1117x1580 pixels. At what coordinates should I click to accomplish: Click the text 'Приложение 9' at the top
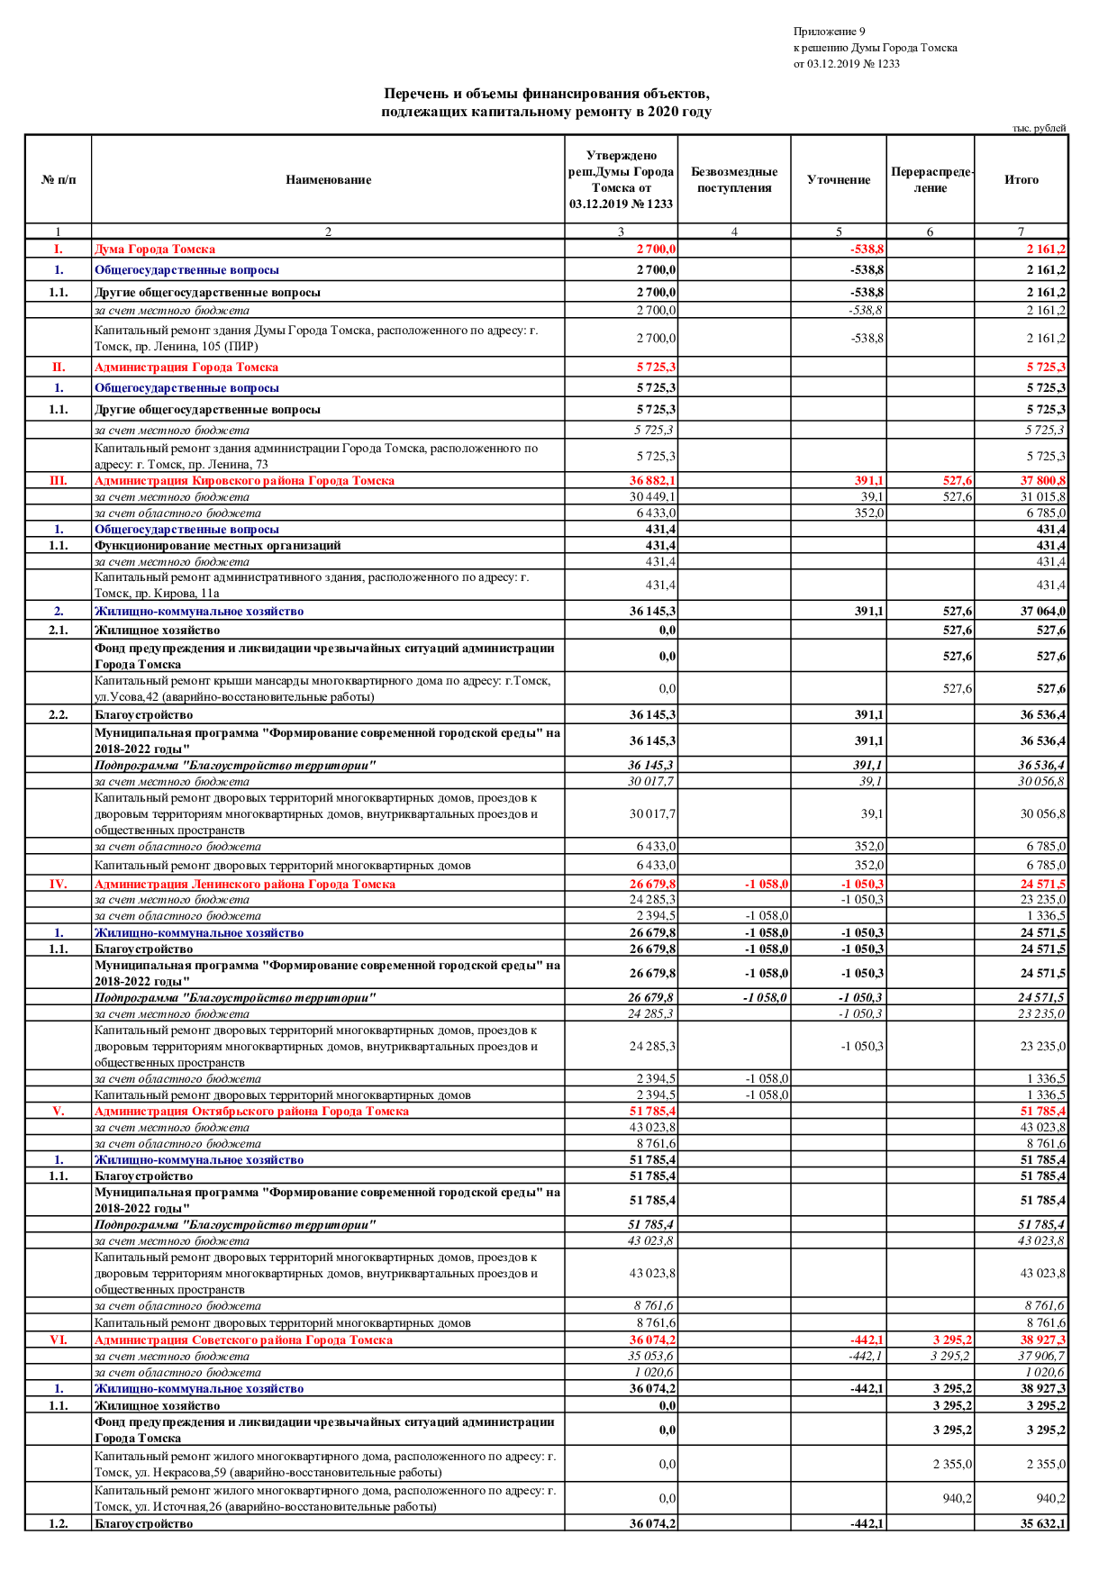pos(829,32)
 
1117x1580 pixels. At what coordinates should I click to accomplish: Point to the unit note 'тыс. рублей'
pos(1039,128)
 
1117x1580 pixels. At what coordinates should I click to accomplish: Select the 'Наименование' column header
pos(328,180)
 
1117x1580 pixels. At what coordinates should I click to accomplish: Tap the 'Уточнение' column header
pos(838,180)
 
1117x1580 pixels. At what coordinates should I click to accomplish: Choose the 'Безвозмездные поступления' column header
pos(734,180)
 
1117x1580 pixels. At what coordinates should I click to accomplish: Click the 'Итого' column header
pos(1021,180)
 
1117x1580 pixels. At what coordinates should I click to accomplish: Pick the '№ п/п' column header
pos(59,180)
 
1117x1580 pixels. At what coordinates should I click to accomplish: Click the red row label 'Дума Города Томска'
pos(155,250)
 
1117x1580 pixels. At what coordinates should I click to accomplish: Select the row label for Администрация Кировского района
pos(244,481)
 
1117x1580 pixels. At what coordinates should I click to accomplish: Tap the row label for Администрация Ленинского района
pos(244,885)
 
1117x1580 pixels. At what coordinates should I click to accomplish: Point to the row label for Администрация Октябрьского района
pos(251,1112)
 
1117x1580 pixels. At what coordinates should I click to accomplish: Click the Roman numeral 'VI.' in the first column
pos(58,1340)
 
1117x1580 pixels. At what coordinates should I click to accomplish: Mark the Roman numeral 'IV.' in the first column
pos(58,885)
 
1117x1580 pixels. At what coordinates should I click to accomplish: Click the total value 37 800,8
pos(1043,481)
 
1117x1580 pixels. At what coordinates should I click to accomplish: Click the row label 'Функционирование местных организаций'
pos(218,546)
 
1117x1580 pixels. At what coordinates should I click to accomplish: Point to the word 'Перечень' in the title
pos(414,94)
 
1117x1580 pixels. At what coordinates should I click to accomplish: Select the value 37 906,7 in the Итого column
pos(1041,1357)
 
